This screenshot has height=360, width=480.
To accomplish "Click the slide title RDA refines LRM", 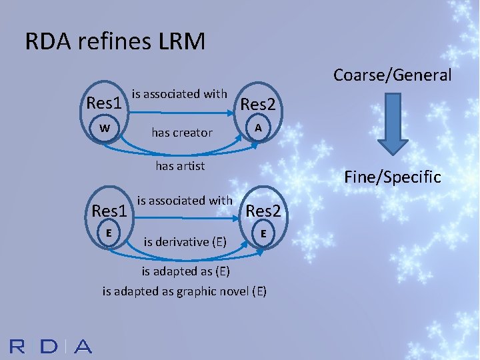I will tap(115, 41).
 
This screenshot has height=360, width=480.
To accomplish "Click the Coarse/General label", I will tap(392, 75).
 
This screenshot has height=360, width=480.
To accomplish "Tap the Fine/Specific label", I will tap(392, 177).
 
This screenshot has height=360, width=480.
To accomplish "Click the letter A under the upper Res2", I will tap(257, 128).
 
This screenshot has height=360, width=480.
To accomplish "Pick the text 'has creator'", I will tap(182, 133).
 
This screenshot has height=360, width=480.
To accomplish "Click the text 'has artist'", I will tap(180, 165).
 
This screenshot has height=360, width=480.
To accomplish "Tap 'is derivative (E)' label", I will tap(185, 241).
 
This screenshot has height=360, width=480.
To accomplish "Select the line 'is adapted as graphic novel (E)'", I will tap(185, 291).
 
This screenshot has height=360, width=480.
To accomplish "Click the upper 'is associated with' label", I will tap(180, 94).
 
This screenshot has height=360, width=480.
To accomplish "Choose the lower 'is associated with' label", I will tap(185, 200).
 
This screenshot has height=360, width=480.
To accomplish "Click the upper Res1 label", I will tap(104, 103).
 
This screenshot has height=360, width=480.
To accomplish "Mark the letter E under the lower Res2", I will tap(264, 233).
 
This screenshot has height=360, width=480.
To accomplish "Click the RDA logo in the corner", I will tap(51, 346).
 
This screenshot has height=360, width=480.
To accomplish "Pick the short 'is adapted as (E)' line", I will tap(185, 271).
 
